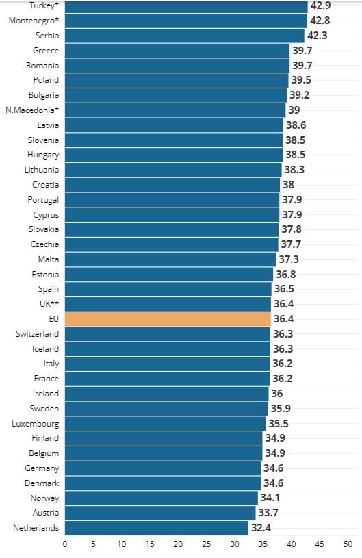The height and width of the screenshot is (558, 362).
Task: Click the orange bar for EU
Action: coord(168,319)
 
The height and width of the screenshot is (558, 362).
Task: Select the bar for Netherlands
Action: coord(156,528)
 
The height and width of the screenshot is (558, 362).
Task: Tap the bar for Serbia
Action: coord(184,36)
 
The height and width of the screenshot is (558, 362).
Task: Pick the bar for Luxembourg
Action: coord(165,423)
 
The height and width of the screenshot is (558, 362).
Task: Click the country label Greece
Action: coord(46,51)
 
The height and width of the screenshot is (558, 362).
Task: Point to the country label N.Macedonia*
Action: coord(32,110)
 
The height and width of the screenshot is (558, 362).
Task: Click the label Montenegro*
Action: coord(34,21)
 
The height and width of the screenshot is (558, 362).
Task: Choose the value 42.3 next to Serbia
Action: coord(318,36)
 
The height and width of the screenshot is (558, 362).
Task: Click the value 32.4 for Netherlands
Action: coord(261,528)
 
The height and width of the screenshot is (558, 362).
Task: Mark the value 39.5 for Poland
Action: coord(302,80)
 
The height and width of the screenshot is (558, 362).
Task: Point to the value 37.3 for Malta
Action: coord(288,259)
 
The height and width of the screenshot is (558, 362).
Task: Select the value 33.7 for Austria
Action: coord(268,513)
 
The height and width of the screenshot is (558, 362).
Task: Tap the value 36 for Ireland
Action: coord(276,394)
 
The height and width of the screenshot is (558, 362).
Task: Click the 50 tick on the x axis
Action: coord(348,544)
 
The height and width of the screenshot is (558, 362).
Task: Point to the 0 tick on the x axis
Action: coord(65,544)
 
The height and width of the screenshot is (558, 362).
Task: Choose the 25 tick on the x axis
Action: coord(206,544)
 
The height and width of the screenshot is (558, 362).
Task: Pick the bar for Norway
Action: coord(161,498)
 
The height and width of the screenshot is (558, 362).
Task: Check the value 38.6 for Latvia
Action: coord(296,125)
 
